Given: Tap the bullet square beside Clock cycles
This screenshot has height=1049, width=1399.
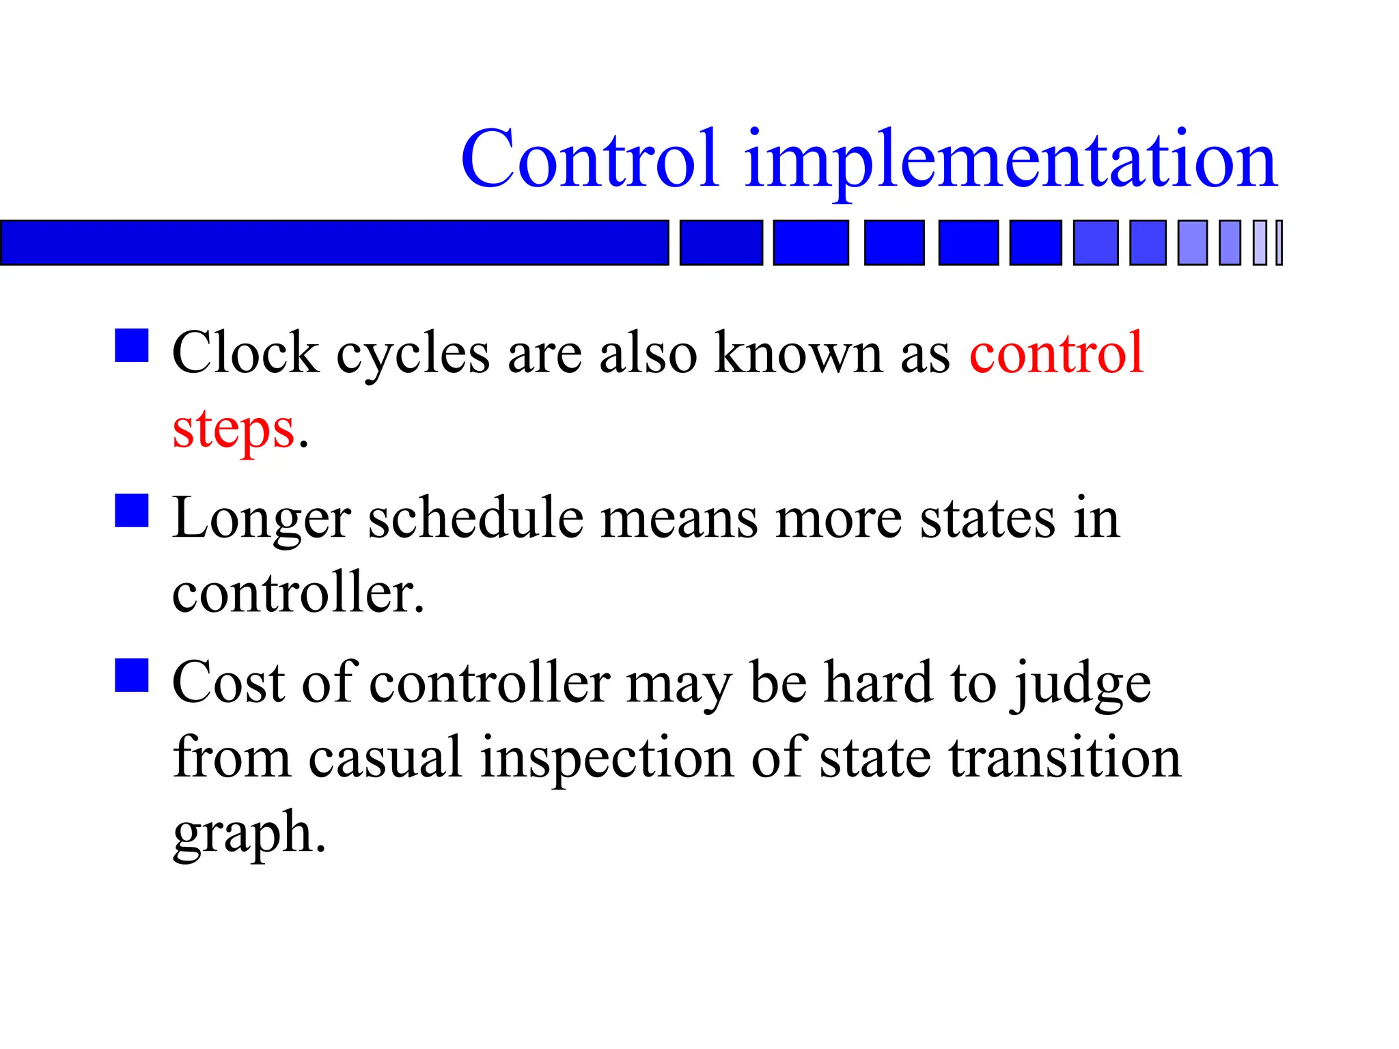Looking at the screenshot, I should coord(132,346).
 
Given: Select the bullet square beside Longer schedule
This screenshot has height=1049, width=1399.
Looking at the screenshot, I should coord(132,511).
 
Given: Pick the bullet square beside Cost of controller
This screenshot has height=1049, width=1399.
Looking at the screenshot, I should coord(132,675).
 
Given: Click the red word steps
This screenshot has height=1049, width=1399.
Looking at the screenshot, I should coord(234,430).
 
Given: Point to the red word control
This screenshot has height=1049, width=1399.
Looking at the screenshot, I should coord(1056,354).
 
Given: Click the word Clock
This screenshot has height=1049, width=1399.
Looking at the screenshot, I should coord(245,354).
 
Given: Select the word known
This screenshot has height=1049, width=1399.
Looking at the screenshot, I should coord(798,354).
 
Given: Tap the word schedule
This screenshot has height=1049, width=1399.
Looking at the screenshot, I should coord(475,519).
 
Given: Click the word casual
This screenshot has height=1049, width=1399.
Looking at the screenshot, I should coord(385,758).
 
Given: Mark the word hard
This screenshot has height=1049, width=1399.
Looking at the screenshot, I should coord(878,683).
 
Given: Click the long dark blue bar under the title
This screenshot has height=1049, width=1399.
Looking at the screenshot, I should coord(334,242).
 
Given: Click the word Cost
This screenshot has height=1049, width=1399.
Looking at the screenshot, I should coord(228,683).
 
